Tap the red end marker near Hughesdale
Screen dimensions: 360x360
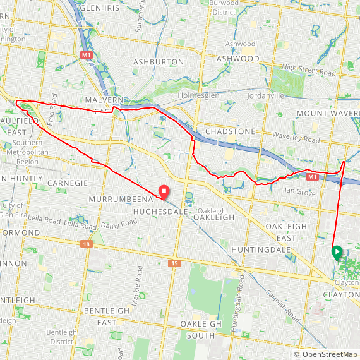click(163, 191)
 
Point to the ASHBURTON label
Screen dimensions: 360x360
click(159, 62)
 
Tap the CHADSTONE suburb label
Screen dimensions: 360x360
click(230, 131)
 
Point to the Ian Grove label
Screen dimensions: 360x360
click(300, 190)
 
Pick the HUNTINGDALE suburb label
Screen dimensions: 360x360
click(261, 249)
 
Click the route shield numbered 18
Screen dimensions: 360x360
click(86, 243)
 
